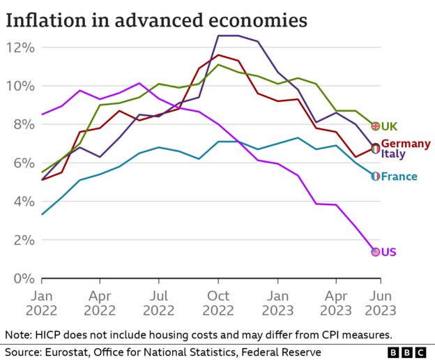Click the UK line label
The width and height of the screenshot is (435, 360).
click(x=389, y=126)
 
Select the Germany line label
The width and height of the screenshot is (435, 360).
click(x=406, y=143)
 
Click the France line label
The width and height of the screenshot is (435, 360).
click(x=399, y=177)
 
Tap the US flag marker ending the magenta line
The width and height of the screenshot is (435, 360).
click(x=375, y=251)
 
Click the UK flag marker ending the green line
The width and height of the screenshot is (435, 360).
click(x=375, y=126)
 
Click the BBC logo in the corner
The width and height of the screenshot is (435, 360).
click(x=409, y=352)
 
